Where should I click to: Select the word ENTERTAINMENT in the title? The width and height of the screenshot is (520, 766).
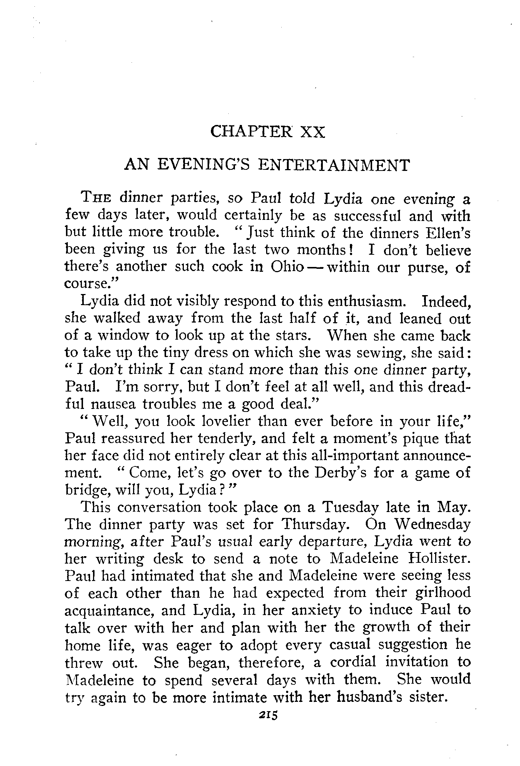click(334, 165)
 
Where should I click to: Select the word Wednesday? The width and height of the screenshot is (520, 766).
click(433, 525)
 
